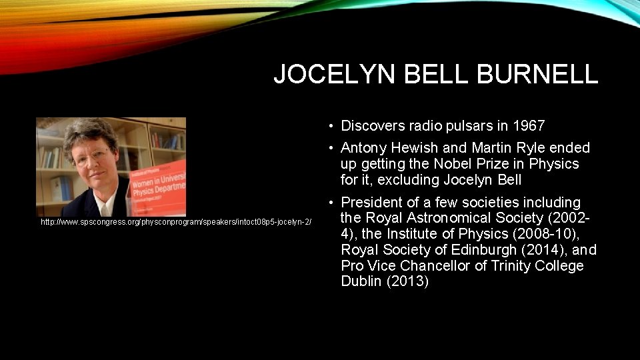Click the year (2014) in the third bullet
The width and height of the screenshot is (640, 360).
tap(539, 250)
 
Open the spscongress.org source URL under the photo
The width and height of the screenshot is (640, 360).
tap(176, 221)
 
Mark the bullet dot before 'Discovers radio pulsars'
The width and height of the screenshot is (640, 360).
tap(331, 126)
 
